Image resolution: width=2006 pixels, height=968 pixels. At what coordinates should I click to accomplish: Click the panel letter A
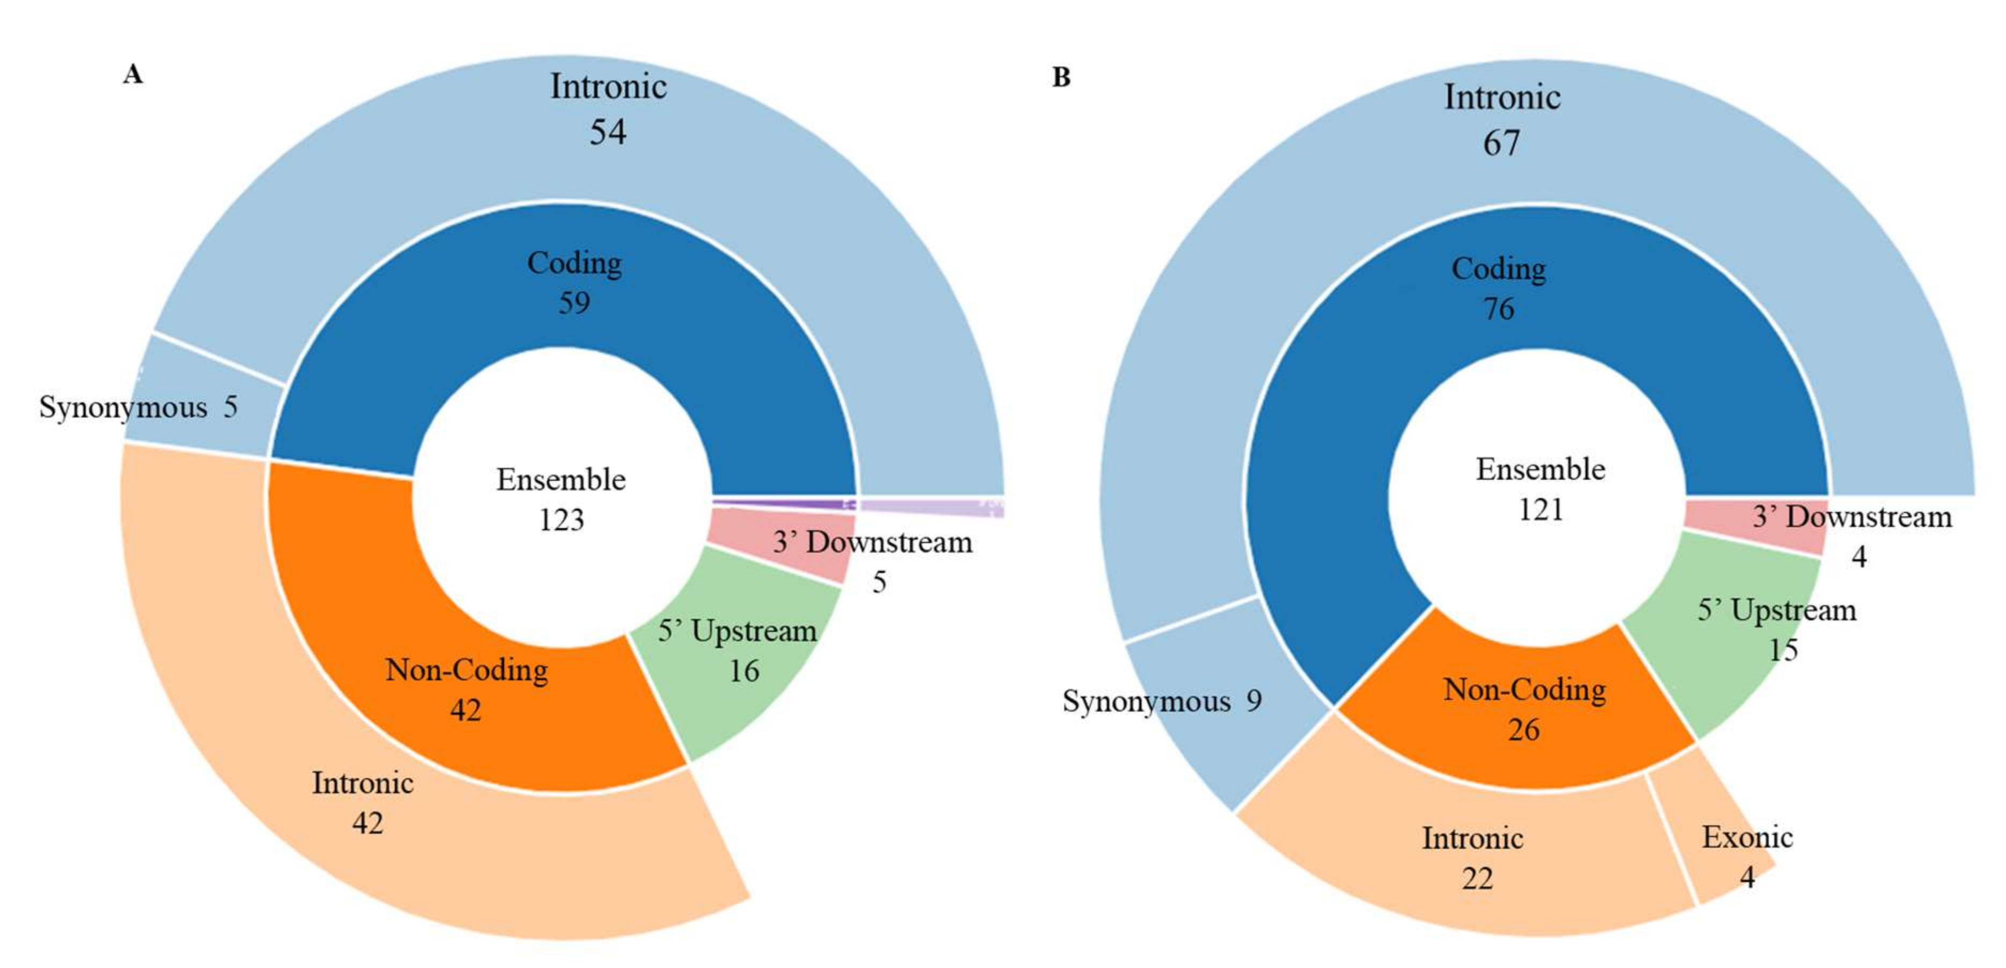coord(133,75)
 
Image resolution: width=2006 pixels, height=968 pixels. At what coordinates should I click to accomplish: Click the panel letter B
coord(1061,77)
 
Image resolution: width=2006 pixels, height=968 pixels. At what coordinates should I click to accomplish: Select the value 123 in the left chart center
coord(562,519)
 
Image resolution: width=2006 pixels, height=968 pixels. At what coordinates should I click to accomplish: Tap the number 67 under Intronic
coord(1501,143)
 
